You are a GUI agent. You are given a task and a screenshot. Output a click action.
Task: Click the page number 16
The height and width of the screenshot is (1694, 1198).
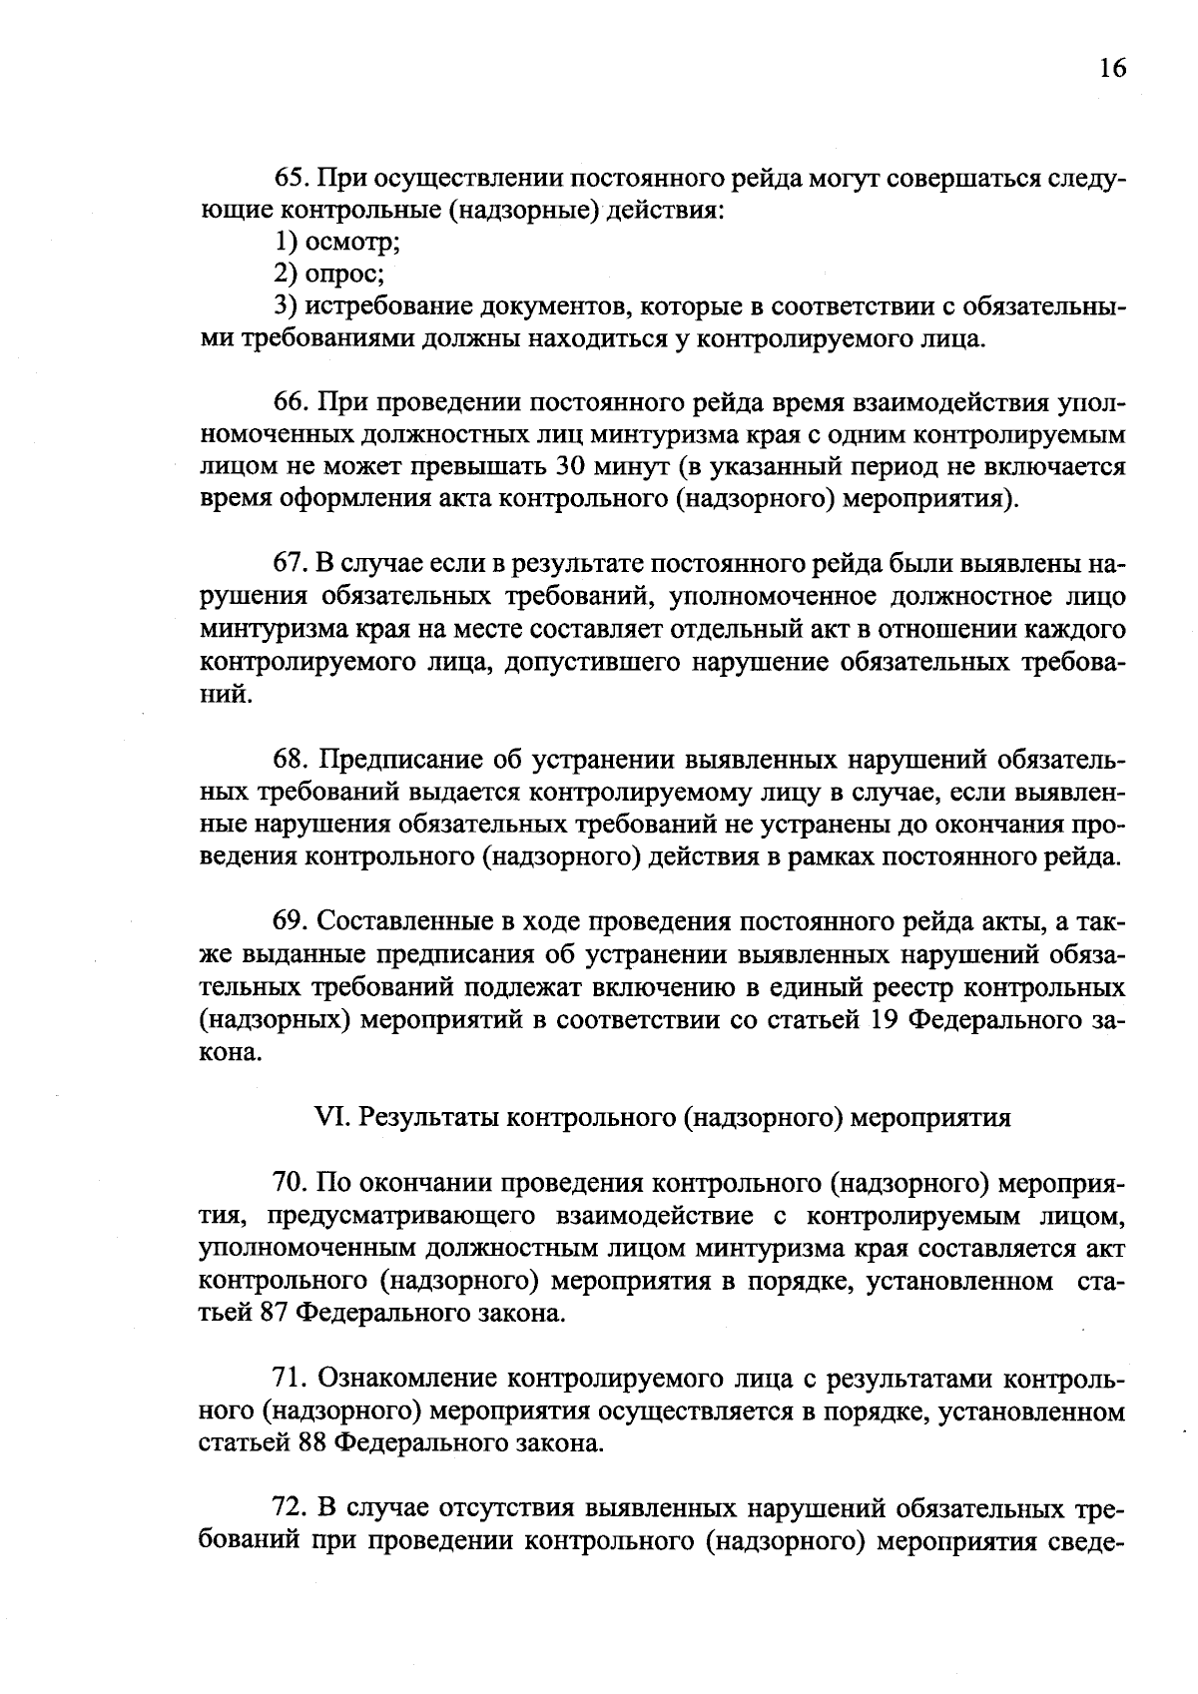click(x=1111, y=68)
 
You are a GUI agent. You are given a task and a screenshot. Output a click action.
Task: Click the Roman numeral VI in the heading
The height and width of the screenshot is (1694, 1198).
click(x=327, y=1117)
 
